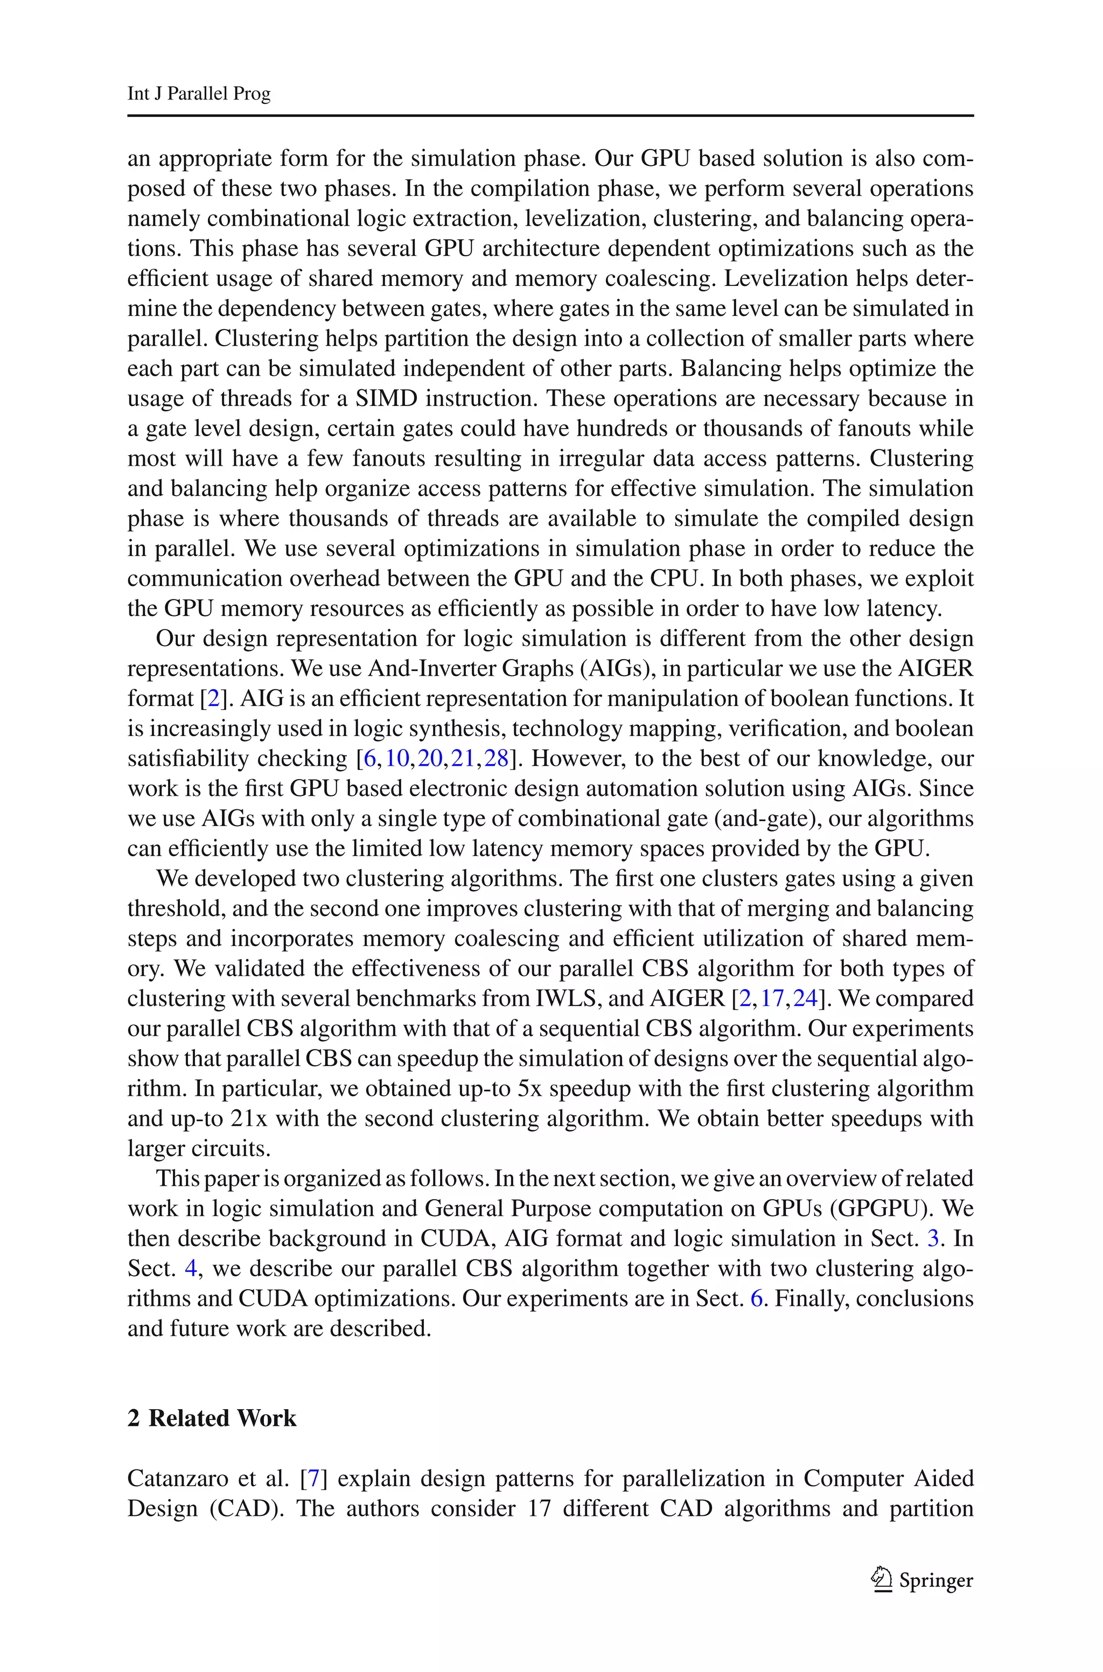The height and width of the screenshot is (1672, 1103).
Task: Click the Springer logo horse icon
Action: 880,1579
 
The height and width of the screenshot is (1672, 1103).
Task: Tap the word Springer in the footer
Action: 936,1580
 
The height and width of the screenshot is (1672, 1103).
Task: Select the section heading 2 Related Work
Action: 212,1418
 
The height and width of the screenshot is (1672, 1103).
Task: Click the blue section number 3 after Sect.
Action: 933,1238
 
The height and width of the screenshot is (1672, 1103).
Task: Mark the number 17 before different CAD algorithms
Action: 539,1508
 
